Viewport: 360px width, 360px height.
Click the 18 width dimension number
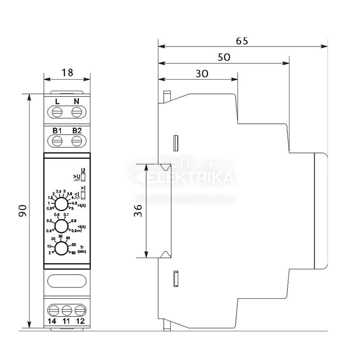pyautogui.click(x=67, y=72)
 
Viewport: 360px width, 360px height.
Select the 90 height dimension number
pyautogui.click(x=23, y=211)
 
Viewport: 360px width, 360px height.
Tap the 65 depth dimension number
pyautogui.click(x=242, y=41)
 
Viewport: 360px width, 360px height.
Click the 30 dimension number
pyautogui.click(x=202, y=73)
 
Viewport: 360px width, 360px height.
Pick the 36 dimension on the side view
pyautogui.click(x=138, y=211)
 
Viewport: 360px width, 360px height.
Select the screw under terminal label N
pyautogui.click(x=76, y=113)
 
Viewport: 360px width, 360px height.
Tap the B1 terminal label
pyautogui.click(x=57, y=130)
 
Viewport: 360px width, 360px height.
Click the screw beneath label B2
pyautogui.click(x=76, y=142)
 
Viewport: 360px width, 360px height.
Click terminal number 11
pyautogui.click(x=67, y=321)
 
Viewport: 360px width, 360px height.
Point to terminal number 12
pyautogui.click(x=80, y=321)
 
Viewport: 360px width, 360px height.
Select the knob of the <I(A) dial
pyautogui.click(x=61, y=226)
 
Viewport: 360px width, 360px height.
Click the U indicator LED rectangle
pyautogui.click(x=84, y=177)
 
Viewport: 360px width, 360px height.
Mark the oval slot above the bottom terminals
pyautogui.click(x=67, y=281)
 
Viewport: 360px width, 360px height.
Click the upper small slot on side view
pyautogui.click(x=176, y=143)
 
